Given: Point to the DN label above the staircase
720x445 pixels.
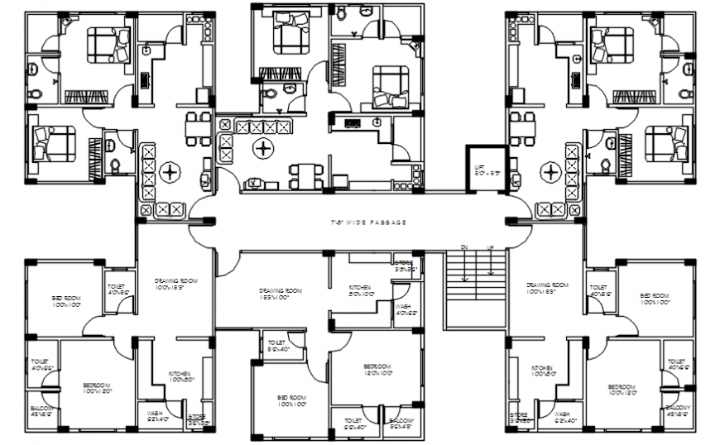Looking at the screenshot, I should click(463, 247).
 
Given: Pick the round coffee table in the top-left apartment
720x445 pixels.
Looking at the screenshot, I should click(171, 173).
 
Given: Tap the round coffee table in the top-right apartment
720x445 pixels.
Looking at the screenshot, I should click(550, 173).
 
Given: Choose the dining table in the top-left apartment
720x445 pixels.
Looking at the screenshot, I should click(197, 127).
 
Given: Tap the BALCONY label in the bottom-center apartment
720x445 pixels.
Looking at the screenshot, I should click(403, 423).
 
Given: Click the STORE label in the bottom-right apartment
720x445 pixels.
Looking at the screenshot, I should click(520, 417).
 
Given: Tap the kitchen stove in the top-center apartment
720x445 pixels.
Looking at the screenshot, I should click(353, 123).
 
